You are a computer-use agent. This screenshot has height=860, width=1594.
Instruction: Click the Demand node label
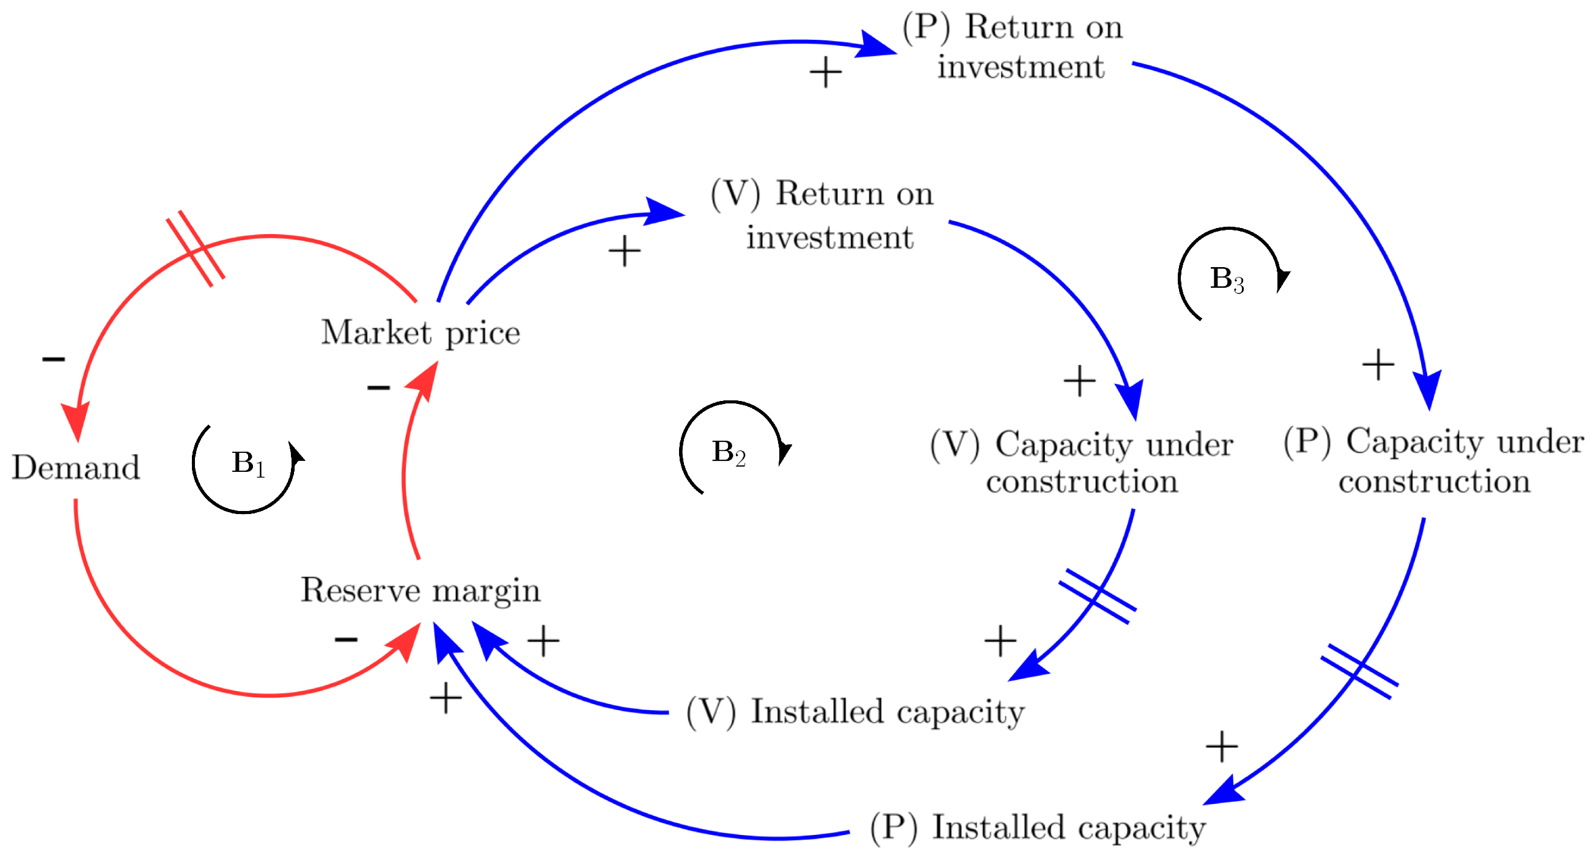[76, 468]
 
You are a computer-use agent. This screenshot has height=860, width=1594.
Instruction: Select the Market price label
[420, 333]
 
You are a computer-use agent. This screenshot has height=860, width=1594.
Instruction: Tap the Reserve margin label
[420, 590]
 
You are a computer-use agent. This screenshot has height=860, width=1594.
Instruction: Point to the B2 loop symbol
[729, 452]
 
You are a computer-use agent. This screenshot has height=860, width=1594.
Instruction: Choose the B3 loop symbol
[1227, 280]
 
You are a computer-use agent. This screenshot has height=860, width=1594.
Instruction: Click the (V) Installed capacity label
[855, 711]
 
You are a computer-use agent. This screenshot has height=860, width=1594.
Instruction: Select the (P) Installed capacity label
[1038, 828]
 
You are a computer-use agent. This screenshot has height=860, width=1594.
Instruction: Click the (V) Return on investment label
[823, 215]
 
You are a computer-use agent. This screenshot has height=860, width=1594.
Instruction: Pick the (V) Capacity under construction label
[1082, 462]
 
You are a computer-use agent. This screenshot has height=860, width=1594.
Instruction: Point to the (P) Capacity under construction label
[1434, 461]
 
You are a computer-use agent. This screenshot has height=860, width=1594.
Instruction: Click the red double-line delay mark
[196, 249]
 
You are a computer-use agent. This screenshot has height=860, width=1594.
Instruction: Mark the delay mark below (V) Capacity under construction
[1097, 597]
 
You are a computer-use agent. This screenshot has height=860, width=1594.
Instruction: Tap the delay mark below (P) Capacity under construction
[1359, 672]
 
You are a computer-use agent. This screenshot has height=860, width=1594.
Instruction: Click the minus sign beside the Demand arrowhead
[53, 359]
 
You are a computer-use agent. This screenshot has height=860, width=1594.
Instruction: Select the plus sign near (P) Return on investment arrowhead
[826, 72]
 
